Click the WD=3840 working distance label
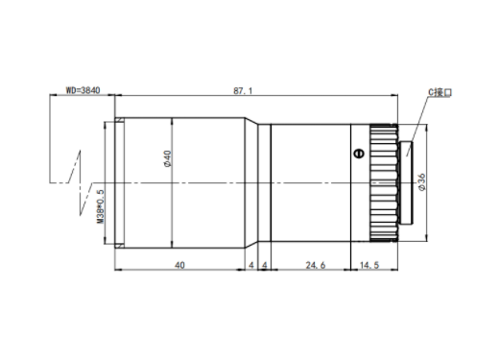coord(83,90)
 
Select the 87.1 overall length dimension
coord(243,91)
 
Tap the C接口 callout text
coord(440,92)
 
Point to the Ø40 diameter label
coord(167,158)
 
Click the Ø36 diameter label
coord(422,182)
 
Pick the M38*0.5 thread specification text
coord(100,206)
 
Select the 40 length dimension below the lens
coord(179,265)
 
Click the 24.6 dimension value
coord(316,265)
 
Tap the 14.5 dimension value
coord(369,265)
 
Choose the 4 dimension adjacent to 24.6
coord(265,265)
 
